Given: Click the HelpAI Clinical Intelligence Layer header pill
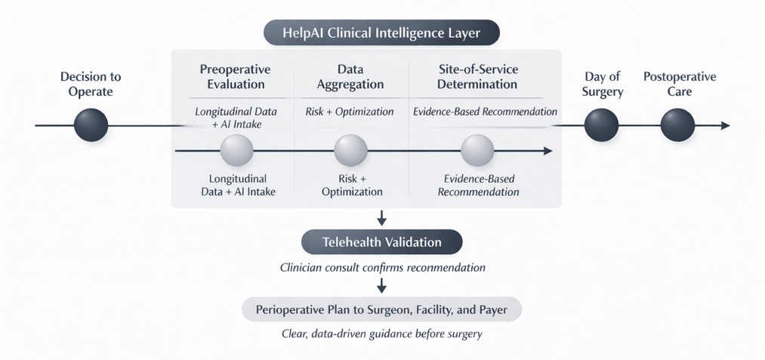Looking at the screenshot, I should coord(381,33).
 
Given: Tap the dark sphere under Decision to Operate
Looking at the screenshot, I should coord(91,125).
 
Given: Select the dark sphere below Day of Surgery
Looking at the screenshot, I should coord(602,125).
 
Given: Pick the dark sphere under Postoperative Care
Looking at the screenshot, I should coord(677,125).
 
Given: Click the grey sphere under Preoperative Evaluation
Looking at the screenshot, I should coord(236,151).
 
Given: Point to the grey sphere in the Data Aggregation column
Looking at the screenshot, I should coord(350,151).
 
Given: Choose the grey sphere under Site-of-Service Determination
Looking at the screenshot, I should coord(477,151).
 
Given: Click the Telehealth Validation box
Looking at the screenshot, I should coord(381,242).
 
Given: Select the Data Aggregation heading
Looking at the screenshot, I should coord(350,77).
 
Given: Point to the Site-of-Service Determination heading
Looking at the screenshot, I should coord(477,77).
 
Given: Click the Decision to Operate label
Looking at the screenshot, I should coord(91,85).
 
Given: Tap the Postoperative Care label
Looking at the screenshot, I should coord(679,85).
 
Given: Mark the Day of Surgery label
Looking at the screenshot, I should coord(602,85).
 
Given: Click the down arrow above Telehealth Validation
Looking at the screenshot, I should coord(381,218).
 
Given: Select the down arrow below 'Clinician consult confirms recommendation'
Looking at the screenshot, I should coord(381,285).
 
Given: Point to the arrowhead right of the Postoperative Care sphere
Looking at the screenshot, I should coord(726,125).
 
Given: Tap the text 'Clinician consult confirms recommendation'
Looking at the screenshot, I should coord(381,268).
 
